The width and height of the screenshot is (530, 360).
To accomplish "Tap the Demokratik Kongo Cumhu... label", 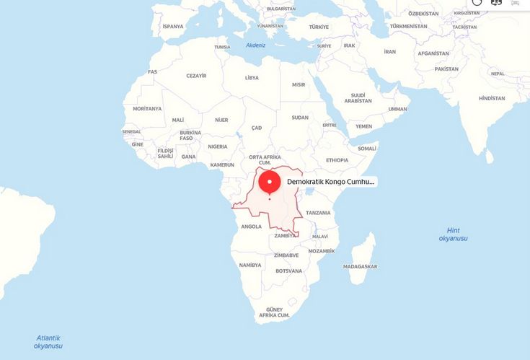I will [x=331, y=183].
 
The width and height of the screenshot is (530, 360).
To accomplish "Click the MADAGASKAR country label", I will [x=361, y=266].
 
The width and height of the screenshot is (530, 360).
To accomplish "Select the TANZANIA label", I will [x=318, y=213].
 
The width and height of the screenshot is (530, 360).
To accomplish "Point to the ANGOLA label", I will [x=251, y=227].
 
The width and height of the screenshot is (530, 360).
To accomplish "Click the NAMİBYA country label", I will [x=249, y=265].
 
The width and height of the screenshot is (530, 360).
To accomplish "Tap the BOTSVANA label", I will [x=289, y=271].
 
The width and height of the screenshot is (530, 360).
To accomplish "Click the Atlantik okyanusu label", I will [x=48, y=341].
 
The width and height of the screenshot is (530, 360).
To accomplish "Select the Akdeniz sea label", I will [x=256, y=45].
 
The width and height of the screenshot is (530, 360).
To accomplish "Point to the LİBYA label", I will [x=252, y=77].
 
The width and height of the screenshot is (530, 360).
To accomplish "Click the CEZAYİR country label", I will [x=196, y=76].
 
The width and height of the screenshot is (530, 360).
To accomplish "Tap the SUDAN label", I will [x=300, y=117].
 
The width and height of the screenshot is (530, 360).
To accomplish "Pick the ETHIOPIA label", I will [x=337, y=160].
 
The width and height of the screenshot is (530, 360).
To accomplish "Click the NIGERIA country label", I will [x=218, y=146].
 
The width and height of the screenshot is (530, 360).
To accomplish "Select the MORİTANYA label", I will [x=147, y=108].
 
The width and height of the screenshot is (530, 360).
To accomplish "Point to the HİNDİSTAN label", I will [x=492, y=98].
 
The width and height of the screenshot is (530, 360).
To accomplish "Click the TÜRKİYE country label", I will [x=319, y=27].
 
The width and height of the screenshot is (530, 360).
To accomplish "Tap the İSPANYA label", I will [x=173, y=26].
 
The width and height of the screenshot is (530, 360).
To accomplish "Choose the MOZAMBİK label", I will [x=322, y=251].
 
